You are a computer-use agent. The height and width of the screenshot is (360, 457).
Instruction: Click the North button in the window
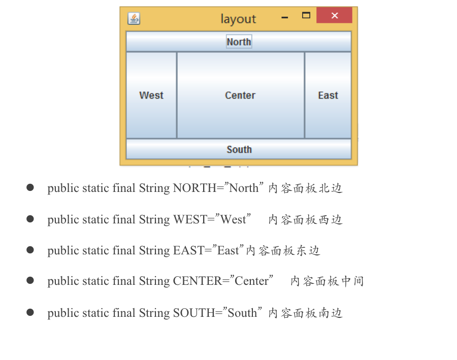tap(239, 42)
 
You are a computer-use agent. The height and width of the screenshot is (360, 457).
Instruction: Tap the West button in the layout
tap(151, 95)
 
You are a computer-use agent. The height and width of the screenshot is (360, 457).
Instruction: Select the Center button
tap(240, 95)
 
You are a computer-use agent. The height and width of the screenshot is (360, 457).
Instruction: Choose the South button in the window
tap(239, 149)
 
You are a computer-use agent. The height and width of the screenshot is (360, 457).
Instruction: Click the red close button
tap(334, 15)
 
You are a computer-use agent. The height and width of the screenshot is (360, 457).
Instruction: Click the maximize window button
tap(306, 15)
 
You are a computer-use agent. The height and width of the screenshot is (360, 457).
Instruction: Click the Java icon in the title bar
tap(134, 19)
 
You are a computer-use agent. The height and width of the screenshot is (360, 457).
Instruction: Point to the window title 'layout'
tap(238, 19)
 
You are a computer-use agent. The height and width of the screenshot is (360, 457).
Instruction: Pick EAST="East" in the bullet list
tap(209, 251)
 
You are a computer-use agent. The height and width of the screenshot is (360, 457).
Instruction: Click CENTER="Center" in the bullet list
tap(223, 281)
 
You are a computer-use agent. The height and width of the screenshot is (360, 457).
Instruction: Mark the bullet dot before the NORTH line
tap(30, 188)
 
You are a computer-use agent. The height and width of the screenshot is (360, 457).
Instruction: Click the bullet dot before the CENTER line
tap(30, 280)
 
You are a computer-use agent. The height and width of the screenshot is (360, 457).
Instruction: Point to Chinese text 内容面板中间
tap(327, 281)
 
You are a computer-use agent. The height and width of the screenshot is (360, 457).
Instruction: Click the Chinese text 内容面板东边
tap(283, 251)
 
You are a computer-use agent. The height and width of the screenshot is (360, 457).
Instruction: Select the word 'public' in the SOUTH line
tap(61, 313)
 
